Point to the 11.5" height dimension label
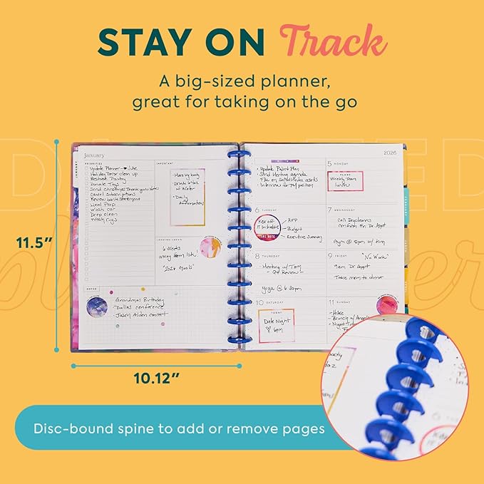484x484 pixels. click(36, 242)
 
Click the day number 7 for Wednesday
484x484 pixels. click(330, 210)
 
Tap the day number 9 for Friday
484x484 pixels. click(330, 254)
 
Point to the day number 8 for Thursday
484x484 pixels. click(257, 254)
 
